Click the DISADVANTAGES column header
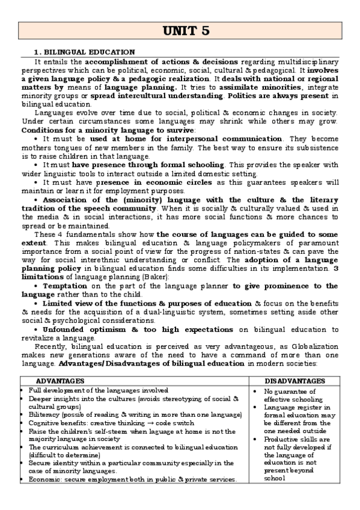(295, 381)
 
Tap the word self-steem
(120, 431)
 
